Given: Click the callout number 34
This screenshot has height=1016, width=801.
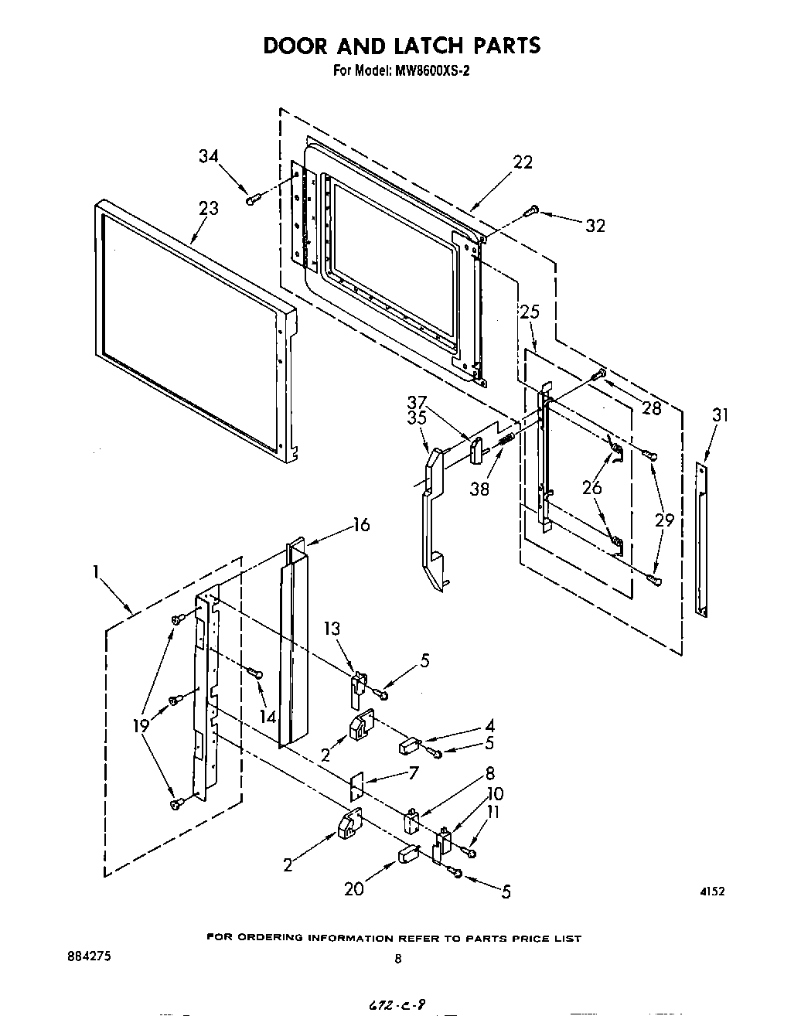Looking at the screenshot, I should coord(209,157).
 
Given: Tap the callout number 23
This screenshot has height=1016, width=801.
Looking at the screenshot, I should coord(208,208).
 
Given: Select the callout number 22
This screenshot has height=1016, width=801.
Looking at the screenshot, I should coord(523,162).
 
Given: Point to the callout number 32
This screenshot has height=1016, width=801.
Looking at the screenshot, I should coord(595,226).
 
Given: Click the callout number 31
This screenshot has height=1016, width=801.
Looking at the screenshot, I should coord(720,415).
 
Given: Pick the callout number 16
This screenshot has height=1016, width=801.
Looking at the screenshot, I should coord(361,525).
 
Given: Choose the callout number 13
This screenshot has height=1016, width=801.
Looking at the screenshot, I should coord(332,629).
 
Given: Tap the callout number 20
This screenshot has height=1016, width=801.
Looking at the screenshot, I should coord(353,889).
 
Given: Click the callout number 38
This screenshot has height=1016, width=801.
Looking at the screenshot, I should coord(479,489).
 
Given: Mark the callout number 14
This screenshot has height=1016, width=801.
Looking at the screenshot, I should coord(268,717).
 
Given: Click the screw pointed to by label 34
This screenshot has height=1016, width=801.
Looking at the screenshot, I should coord(251,200).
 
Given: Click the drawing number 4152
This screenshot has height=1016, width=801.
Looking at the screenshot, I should coord(712,892).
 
